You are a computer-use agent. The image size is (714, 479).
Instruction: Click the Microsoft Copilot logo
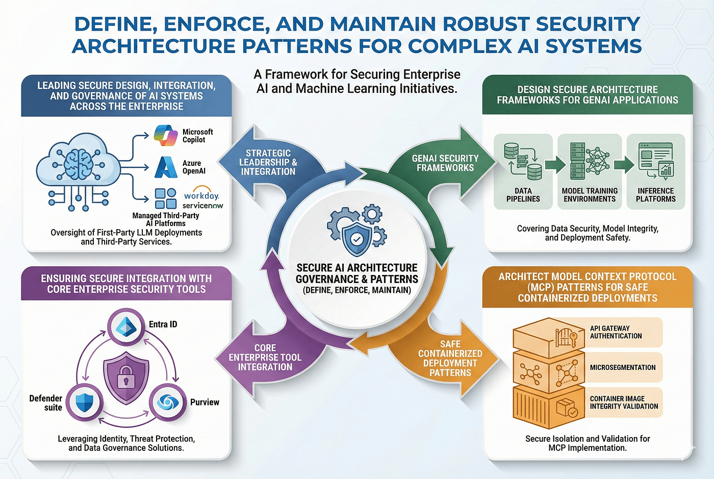pos(166,135)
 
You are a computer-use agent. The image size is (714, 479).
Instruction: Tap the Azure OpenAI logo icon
pos(166,167)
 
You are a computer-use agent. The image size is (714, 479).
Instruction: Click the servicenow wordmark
pos(203,206)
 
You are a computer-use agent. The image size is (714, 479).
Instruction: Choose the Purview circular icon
pos(166,402)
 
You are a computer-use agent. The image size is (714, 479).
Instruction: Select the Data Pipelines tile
pos(523,172)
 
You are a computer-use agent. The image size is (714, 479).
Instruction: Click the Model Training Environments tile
pos(590,172)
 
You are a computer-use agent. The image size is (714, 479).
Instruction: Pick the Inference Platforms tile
pos(655,172)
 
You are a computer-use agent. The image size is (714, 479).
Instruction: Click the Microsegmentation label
pos(623,367)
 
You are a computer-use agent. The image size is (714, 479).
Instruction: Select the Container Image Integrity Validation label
pos(624,402)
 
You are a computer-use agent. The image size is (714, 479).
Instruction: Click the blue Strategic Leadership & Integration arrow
pos(268,162)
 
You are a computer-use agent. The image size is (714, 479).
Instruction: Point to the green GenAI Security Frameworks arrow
pos(445,163)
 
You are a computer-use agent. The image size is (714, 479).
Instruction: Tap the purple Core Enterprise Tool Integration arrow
pos(265,357)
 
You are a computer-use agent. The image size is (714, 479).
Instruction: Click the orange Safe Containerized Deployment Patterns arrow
pos(450,358)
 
